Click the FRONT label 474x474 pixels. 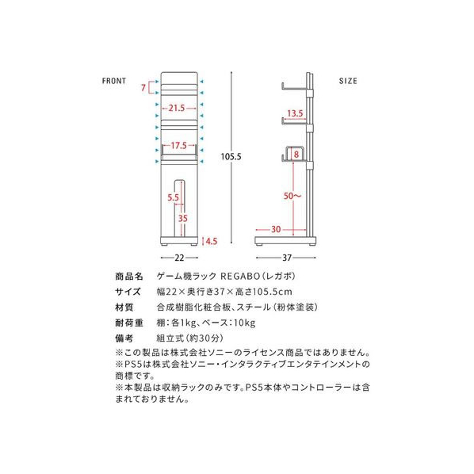pyautogui.click(x=114, y=81)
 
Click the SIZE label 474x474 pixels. pyautogui.click(x=348, y=81)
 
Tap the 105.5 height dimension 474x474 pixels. pyautogui.click(x=231, y=157)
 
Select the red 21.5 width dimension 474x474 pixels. pyautogui.click(x=177, y=108)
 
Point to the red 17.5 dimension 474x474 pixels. pyautogui.click(x=178, y=146)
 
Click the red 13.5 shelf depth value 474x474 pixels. pyautogui.click(x=295, y=113)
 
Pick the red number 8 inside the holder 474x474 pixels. pyautogui.click(x=296, y=155)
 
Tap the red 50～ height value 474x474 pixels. pyautogui.click(x=292, y=196)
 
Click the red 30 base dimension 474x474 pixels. pyautogui.click(x=276, y=229)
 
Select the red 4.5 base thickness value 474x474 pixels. pyautogui.click(x=212, y=241)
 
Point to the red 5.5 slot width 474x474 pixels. pyautogui.click(x=174, y=197)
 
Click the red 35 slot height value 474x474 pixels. pyautogui.click(x=182, y=218)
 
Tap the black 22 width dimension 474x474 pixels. pyautogui.click(x=179, y=258)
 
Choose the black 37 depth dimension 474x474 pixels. pyautogui.click(x=287, y=258)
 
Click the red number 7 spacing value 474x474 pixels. pyautogui.click(x=143, y=88)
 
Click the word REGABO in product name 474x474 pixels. pyautogui.click(x=240, y=277)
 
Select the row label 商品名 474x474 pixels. pyautogui.click(x=128, y=277)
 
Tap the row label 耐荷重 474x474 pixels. pyautogui.click(x=128, y=323)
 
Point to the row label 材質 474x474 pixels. pyautogui.click(x=124, y=308)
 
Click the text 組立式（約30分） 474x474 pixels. pyautogui.click(x=190, y=338)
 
